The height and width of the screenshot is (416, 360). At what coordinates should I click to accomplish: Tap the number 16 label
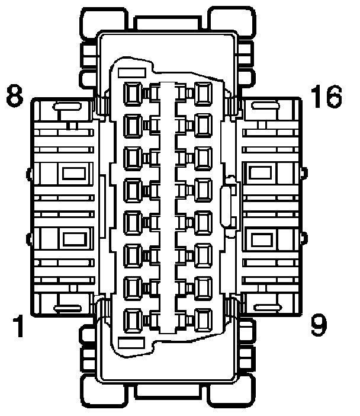coord(326,96)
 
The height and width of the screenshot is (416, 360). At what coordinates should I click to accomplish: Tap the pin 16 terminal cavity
coord(202,93)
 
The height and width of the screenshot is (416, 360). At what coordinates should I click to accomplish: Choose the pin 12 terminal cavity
coord(202,221)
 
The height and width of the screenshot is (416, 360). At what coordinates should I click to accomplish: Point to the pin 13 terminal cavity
coord(202,189)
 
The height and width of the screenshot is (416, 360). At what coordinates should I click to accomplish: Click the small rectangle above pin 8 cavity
coord(133,73)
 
